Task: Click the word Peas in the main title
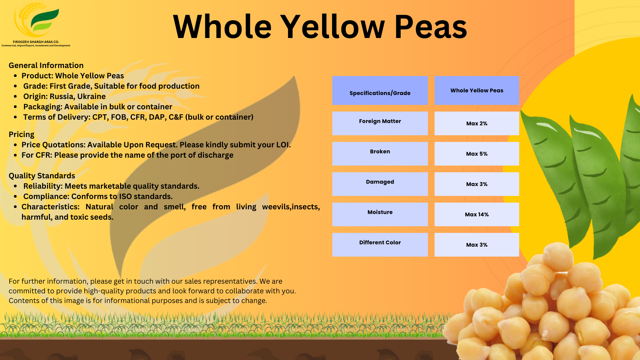[431, 27]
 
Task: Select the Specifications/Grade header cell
[380, 91]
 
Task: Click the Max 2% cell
[476, 123]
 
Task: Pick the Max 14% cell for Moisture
[476, 214]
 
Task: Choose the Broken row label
[380, 153]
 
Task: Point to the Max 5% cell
[476, 154]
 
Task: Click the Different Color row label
[380, 244]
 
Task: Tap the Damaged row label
[380, 184]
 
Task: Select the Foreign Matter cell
[380, 123]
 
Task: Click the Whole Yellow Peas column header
[476, 90]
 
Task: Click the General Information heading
[46, 65]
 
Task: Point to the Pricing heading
[21, 134]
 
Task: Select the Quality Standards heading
[42, 176]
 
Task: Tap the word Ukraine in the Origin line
[91, 96]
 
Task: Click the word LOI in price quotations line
[282, 145]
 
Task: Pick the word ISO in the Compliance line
[125, 196]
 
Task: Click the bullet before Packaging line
[15, 107]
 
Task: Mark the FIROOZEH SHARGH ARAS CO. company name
[36, 42]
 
